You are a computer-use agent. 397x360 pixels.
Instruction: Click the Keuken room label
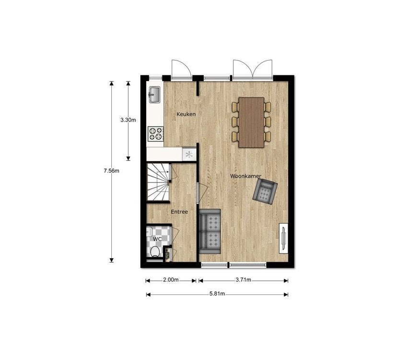point(186,114)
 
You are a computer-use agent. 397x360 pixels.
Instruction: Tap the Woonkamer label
point(245,176)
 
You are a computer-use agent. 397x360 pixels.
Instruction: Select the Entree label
point(179,212)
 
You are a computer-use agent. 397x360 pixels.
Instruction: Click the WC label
point(157,239)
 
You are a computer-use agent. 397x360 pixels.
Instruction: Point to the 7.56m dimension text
point(111,170)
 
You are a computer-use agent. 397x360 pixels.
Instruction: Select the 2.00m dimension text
point(170,280)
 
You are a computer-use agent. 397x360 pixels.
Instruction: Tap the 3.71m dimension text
point(243,280)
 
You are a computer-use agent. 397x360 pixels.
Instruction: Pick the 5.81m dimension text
point(217,294)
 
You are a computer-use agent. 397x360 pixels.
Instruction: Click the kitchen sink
point(154,95)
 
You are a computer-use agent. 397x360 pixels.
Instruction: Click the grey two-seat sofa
point(210,231)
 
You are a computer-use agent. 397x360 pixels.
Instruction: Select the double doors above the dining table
point(253,69)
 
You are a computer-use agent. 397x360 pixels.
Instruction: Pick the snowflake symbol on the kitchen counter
point(189,155)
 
